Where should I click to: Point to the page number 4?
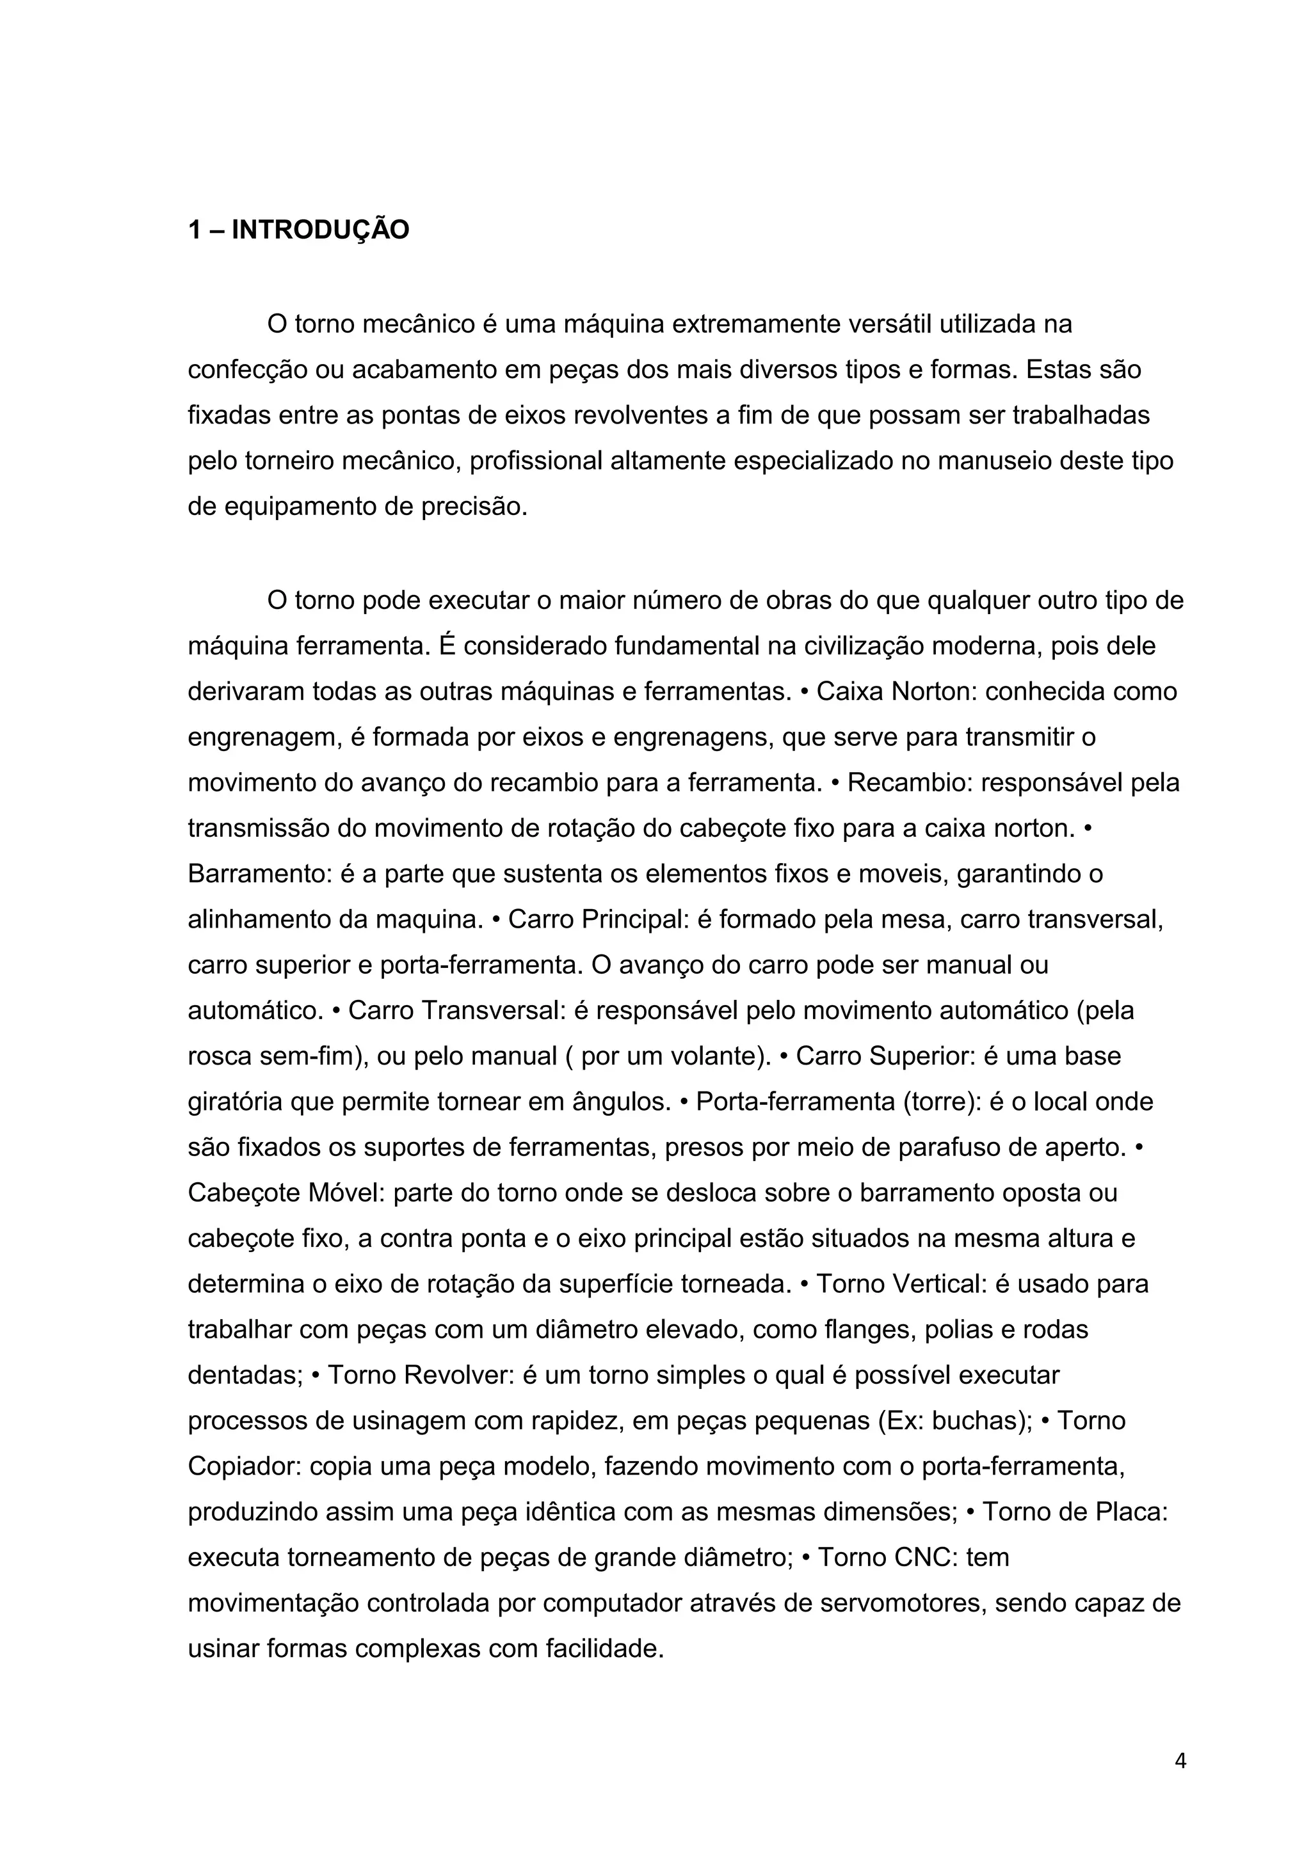pos(1180,1761)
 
